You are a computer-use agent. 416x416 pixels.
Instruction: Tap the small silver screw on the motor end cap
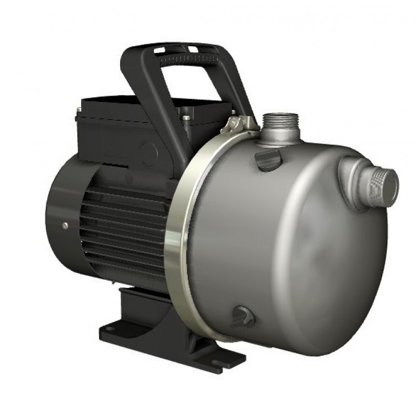(65, 225)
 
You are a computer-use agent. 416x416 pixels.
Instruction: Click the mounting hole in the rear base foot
(111, 327)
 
